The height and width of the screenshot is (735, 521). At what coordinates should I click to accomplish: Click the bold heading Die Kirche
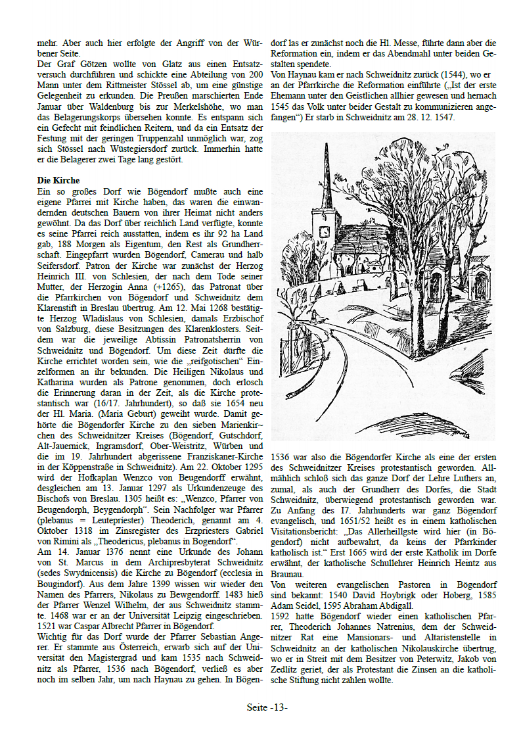[58, 180]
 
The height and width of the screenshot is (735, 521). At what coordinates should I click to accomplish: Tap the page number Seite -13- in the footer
[267, 708]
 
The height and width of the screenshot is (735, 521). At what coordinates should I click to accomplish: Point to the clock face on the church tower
[324, 231]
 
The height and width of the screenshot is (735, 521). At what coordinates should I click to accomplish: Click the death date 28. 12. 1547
[427, 117]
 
